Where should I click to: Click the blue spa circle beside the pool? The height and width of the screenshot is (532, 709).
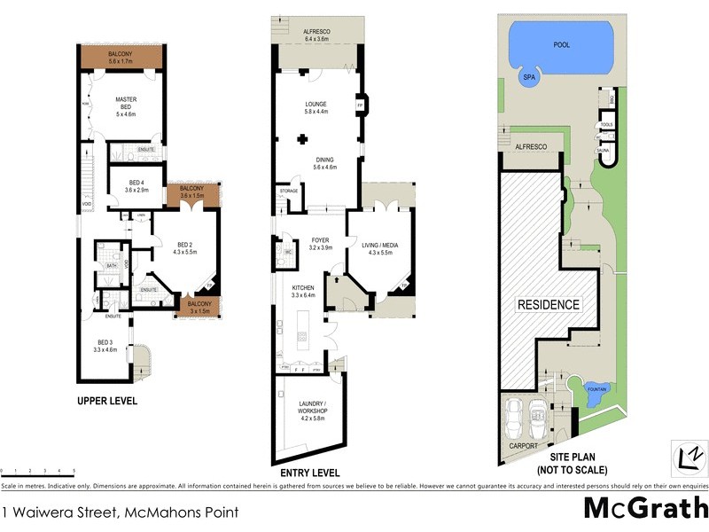(530, 77)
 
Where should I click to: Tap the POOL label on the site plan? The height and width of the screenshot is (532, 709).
(561, 44)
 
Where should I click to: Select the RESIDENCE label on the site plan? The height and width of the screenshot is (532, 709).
(549, 304)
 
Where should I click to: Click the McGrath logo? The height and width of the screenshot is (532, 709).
(644, 508)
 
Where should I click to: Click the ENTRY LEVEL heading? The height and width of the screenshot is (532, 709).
(309, 473)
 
